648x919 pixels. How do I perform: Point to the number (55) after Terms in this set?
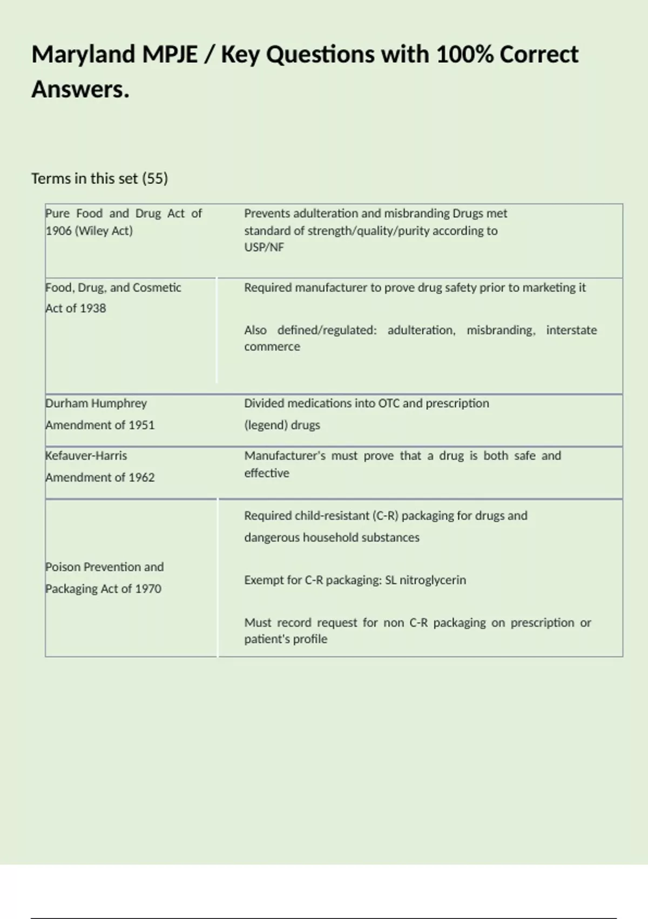(155, 178)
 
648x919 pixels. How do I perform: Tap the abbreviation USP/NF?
(264, 247)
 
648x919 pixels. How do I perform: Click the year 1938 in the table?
(92, 308)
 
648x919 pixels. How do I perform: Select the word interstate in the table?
(571, 330)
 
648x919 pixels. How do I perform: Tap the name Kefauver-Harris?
(86, 456)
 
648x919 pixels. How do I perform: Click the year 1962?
(141, 477)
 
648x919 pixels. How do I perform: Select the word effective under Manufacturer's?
(267, 473)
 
